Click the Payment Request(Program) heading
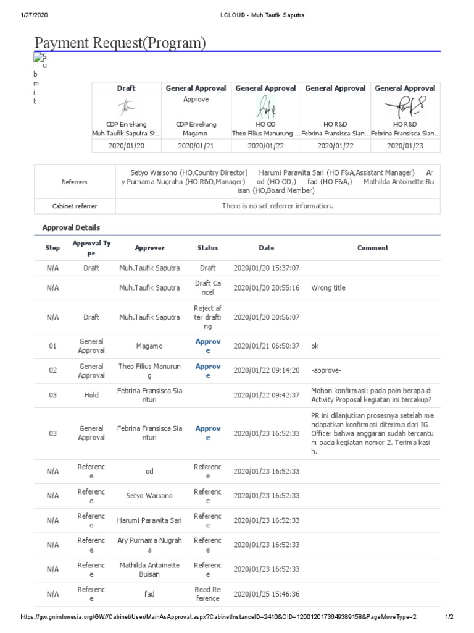click(x=120, y=43)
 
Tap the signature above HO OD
click(x=266, y=108)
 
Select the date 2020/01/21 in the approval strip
click(x=196, y=146)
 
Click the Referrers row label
click(x=75, y=182)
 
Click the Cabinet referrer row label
click(x=75, y=206)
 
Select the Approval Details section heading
click(x=71, y=227)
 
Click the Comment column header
click(x=372, y=248)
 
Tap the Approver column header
click(x=150, y=248)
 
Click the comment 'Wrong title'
click(x=328, y=288)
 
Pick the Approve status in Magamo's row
click(x=207, y=346)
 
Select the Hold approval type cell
click(x=91, y=395)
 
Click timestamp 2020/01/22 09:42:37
click(x=267, y=395)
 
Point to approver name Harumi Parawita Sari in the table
click(x=150, y=520)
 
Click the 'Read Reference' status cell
click(x=207, y=594)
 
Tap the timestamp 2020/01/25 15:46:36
click(x=267, y=594)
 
